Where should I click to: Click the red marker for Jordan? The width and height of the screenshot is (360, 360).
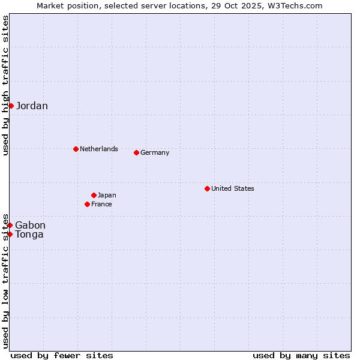pos(11,106)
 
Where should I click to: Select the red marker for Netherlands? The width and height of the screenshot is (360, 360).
pos(76,149)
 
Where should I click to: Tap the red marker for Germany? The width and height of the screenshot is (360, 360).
pos(136,152)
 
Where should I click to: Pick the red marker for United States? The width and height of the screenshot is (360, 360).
pos(207,188)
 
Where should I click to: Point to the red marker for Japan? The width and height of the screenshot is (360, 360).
pos(94,195)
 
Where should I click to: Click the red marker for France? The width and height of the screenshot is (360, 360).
pos(87,204)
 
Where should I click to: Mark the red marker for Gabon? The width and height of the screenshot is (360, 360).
pos(10,225)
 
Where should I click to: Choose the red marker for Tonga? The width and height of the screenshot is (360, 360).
pos(10,234)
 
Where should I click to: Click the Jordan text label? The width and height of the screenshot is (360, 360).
pos(32,106)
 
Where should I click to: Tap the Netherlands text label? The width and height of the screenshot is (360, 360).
pos(99,149)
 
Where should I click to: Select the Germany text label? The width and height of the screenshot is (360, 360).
pos(155,152)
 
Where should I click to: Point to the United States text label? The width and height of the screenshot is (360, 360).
pos(233,188)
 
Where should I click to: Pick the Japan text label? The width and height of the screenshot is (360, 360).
pos(107,195)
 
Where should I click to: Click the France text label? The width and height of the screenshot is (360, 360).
pos(101,204)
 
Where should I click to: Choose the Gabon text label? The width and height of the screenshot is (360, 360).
pos(30,226)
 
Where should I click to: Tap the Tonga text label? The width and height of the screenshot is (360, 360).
pos(29,235)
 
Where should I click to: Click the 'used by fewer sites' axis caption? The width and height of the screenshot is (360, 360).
pos(62,355)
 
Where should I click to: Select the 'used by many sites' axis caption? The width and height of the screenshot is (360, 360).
pos(301,355)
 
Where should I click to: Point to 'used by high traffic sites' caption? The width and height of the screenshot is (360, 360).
pos(5,85)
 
